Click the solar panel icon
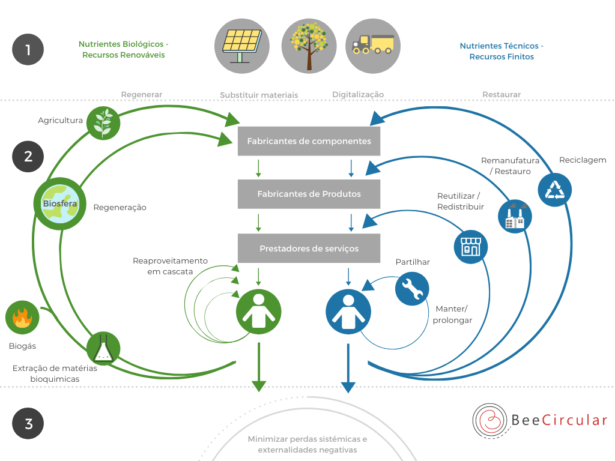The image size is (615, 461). tap(242, 46)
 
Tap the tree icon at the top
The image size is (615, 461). tap(309, 46)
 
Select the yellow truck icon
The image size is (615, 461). tap(373, 46)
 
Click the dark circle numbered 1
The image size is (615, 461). tap(28, 49)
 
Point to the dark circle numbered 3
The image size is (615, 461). tap(28, 423)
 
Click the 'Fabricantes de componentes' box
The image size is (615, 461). tap(309, 141)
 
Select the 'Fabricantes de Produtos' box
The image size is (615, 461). tap(309, 194)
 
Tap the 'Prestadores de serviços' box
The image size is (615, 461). tap(309, 248)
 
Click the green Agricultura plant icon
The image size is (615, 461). tap(103, 123)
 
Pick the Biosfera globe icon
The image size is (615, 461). tap(60, 204)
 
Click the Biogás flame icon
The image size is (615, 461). tap(22, 318)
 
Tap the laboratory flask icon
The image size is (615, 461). tap(103, 349)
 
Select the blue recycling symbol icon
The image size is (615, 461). tap(555, 190)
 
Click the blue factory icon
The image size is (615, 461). tap(515, 216)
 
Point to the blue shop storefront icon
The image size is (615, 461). tap(471, 247)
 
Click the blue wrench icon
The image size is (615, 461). tap(412, 289)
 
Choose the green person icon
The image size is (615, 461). tap(259, 312)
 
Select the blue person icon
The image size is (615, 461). tap(348, 312)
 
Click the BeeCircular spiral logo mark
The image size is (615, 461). tap(490, 421)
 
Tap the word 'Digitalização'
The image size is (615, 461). tap(358, 94)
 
